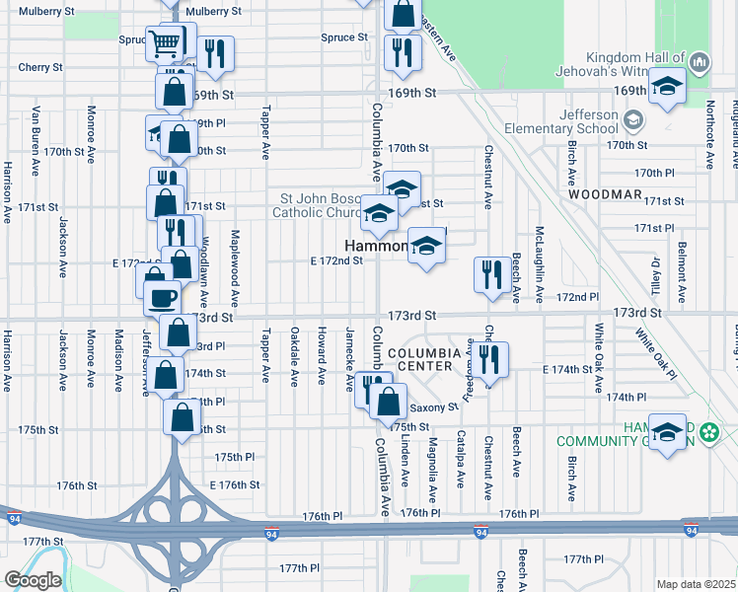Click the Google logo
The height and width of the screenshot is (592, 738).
[33, 580]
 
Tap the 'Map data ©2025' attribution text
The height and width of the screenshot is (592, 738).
[697, 584]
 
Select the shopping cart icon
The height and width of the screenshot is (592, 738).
[165, 42]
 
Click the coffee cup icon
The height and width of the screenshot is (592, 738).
[163, 295]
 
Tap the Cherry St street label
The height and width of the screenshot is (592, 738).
[40, 68]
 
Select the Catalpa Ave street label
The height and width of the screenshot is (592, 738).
[461, 458]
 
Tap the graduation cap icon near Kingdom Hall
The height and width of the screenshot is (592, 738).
[667, 86]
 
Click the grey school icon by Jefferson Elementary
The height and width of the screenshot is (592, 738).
[632, 120]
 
